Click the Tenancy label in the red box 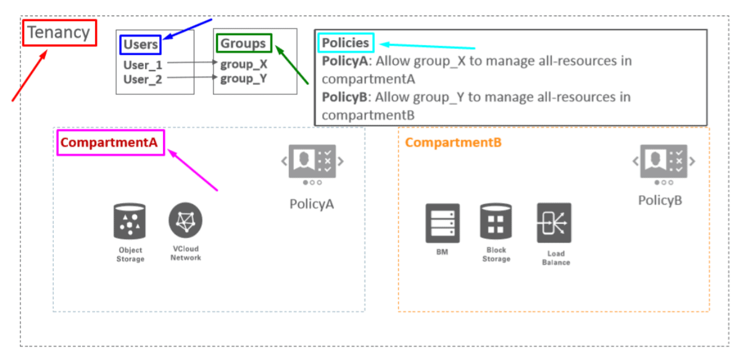click(x=60, y=32)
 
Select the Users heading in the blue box click(x=141, y=44)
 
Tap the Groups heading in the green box click(x=243, y=43)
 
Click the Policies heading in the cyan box click(x=346, y=43)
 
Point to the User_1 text click(x=143, y=64)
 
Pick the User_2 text click(x=143, y=79)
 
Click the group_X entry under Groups click(x=244, y=64)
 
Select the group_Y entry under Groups click(x=244, y=78)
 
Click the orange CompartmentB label click(x=453, y=143)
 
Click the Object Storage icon click(x=130, y=222)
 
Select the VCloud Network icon click(x=185, y=220)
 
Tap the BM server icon click(x=443, y=223)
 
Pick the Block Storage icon click(x=496, y=222)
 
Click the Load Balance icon click(x=554, y=223)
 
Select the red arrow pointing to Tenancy click(x=29, y=75)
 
